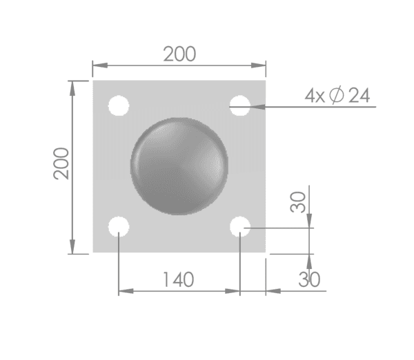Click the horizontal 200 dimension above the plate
(179, 54)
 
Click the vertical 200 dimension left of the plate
(61, 163)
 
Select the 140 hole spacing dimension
(179, 280)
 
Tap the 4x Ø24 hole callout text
(337, 95)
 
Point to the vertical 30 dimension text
(298, 202)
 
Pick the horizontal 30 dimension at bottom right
(309, 279)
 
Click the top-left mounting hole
(119, 106)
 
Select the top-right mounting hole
(239, 106)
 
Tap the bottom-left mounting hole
(119, 226)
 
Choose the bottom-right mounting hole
(239, 226)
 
